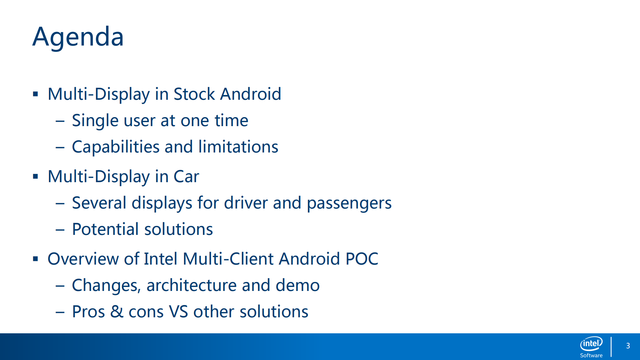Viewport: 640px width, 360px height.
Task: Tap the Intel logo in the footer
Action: [x=591, y=344]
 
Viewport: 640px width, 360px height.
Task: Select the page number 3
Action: [x=628, y=346]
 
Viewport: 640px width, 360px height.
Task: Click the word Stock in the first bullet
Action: [x=194, y=94]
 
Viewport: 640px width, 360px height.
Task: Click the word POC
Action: [x=362, y=259]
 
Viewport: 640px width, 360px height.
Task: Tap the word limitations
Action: [x=238, y=147]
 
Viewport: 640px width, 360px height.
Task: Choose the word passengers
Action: [x=349, y=203]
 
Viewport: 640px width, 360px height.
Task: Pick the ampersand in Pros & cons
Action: [x=117, y=312]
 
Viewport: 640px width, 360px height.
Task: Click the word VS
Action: [x=178, y=312]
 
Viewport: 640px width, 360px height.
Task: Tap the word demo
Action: [x=297, y=285]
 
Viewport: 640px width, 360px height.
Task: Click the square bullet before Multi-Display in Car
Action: [x=35, y=176]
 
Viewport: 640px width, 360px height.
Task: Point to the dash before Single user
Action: [x=60, y=121]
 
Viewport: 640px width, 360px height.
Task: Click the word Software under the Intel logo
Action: [x=591, y=355]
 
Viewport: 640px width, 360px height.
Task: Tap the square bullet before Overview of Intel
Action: [x=35, y=259]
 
